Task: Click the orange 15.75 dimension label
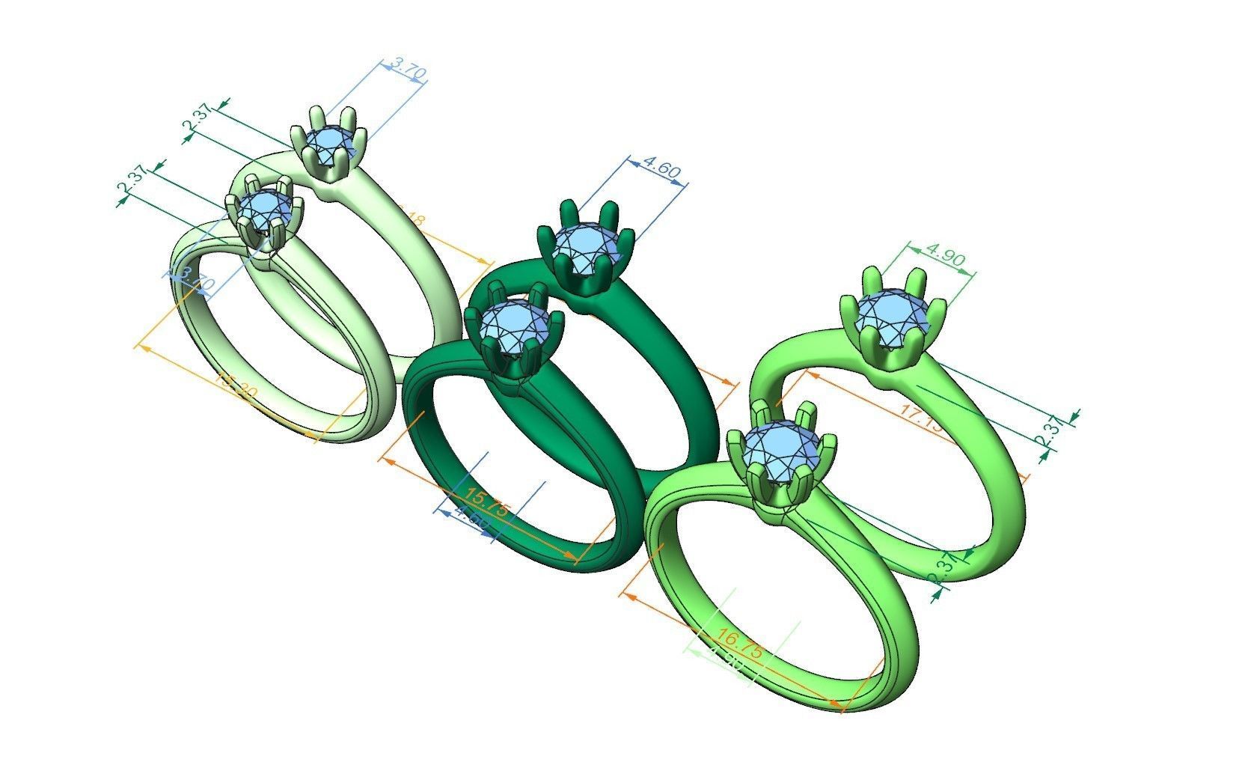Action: pos(487,502)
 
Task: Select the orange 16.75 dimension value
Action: pos(740,644)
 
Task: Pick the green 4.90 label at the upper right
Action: pos(945,258)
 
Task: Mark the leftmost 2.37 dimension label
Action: pos(132,184)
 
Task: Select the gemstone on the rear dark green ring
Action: pos(587,245)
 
